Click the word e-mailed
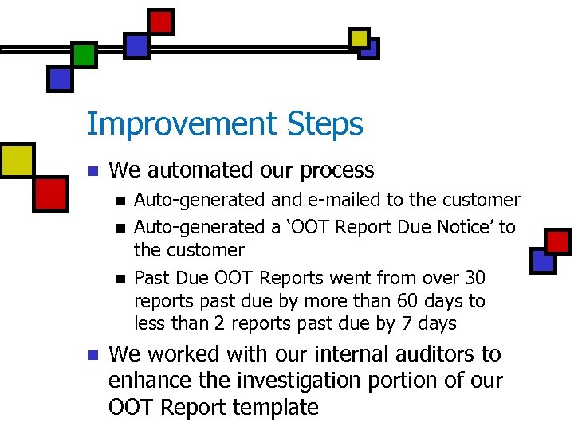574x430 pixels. pos(306,200)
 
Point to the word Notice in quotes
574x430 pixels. pos(466,227)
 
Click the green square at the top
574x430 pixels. pos(84,54)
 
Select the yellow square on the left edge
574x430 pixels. pos(16,159)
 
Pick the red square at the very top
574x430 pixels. pos(161,21)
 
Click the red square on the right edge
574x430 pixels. pos(556,240)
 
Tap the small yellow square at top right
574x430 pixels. pos(359,37)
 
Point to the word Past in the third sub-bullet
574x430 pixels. pos(150,278)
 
